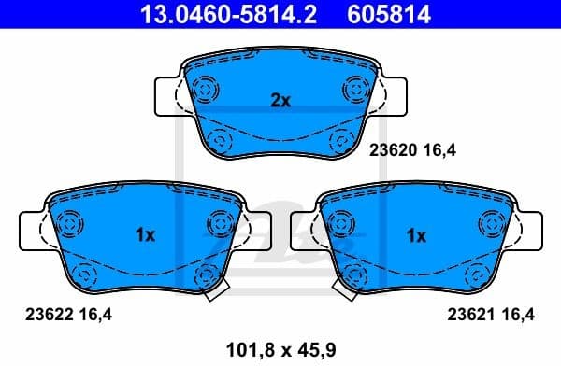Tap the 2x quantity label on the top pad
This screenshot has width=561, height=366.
(x=280, y=101)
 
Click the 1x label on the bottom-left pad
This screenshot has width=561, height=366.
(x=144, y=236)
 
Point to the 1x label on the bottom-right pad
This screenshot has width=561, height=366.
(x=416, y=236)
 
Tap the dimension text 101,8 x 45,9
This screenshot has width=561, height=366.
(x=280, y=350)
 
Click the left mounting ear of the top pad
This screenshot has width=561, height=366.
(x=165, y=95)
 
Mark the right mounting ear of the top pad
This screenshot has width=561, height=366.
(x=396, y=95)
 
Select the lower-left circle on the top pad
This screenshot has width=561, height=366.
(x=221, y=141)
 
